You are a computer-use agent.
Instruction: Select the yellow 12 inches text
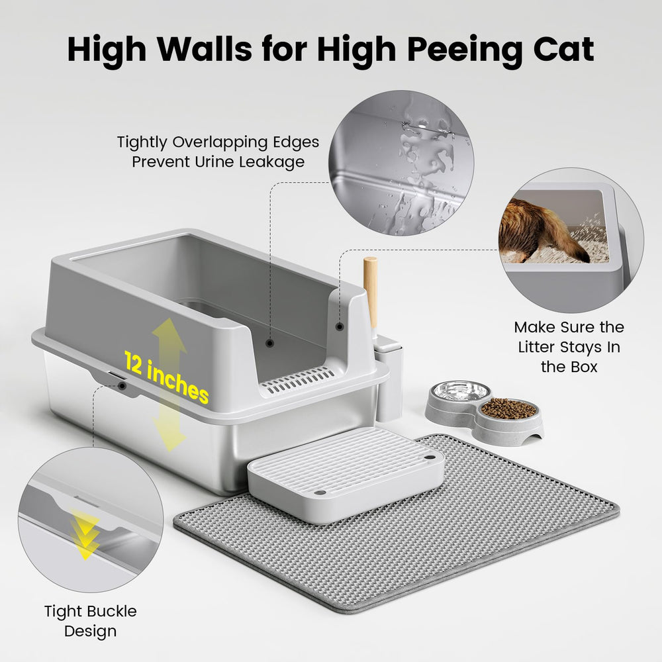(166, 377)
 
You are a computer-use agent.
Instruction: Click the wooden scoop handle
(371, 291)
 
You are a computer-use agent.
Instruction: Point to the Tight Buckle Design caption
(91, 620)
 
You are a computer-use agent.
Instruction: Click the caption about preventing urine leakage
(218, 152)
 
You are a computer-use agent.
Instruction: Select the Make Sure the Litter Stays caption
(569, 346)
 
